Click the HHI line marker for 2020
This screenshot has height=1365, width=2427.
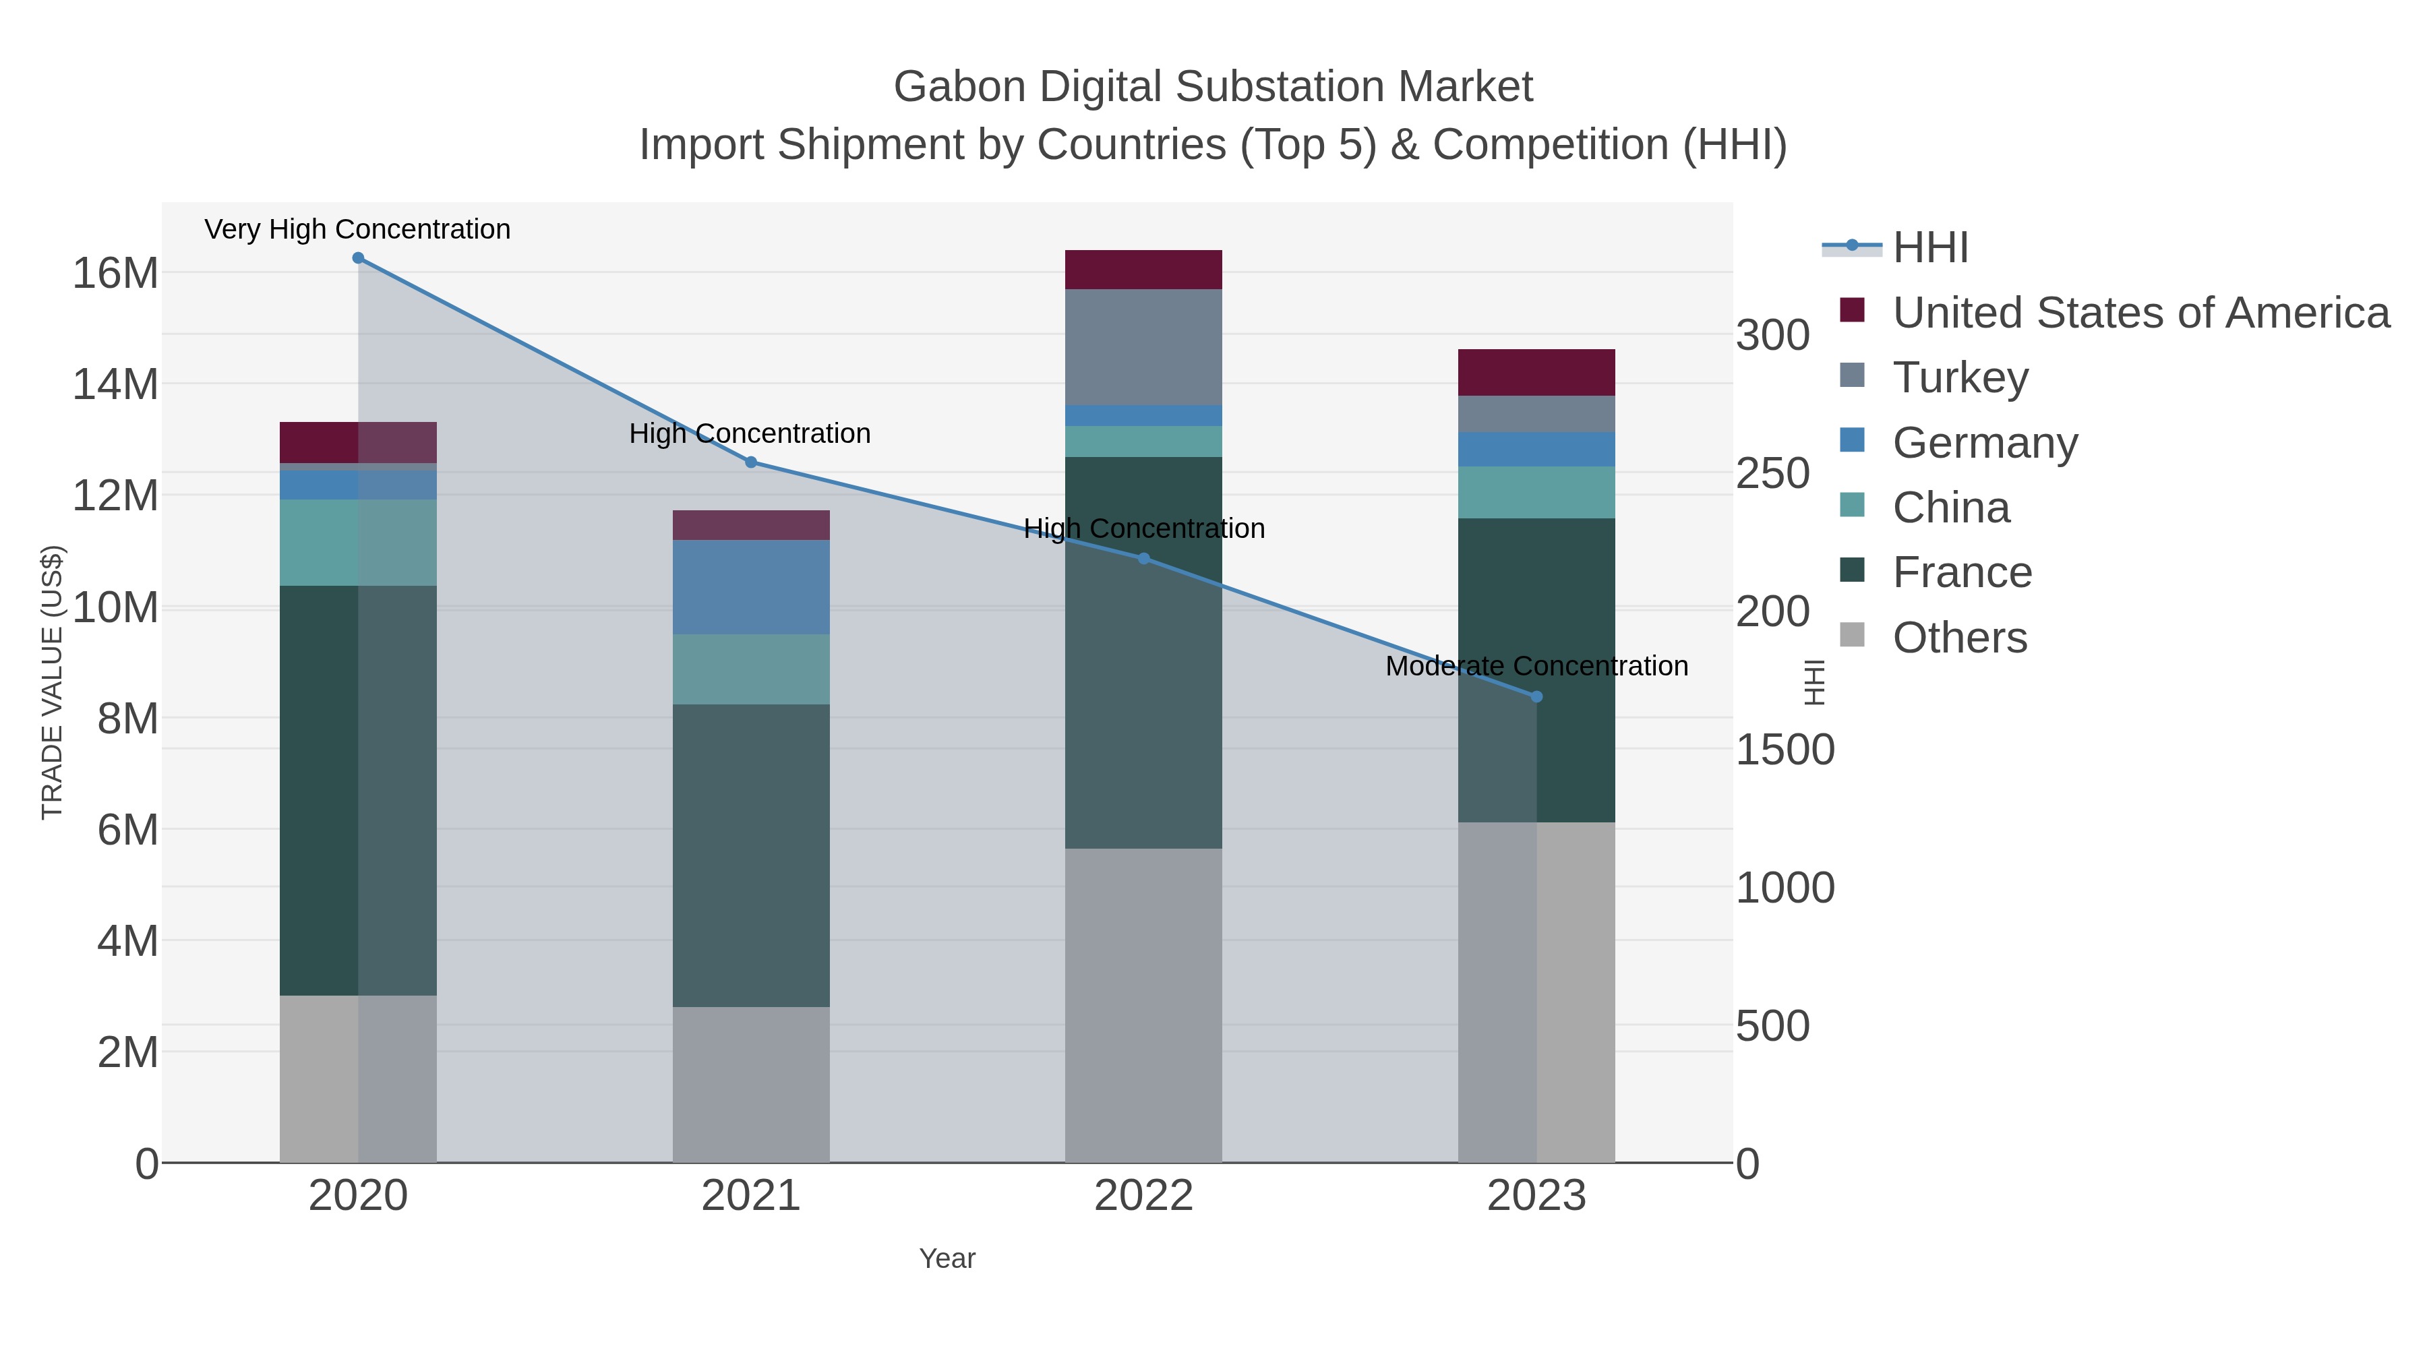tap(358, 258)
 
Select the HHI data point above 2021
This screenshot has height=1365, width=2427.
tap(751, 462)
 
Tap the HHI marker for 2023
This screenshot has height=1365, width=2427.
tap(1536, 697)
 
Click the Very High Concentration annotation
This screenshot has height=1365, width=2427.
tap(357, 229)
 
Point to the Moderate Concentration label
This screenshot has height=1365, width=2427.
tap(1536, 666)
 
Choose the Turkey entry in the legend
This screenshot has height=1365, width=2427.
tap(1960, 377)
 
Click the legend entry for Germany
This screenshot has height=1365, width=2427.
tap(1984, 443)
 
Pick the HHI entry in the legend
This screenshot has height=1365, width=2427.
tap(1929, 248)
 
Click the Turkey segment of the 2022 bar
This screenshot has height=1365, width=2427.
tap(1143, 346)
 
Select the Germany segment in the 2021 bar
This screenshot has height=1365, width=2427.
tap(751, 587)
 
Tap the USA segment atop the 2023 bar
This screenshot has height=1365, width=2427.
tap(1536, 372)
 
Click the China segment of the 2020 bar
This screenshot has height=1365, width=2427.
tap(358, 543)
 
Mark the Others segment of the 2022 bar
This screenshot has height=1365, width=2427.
tap(1143, 1005)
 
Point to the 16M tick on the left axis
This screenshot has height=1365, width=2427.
tap(115, 273)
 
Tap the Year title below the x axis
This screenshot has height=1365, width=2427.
tap(947, 1258)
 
